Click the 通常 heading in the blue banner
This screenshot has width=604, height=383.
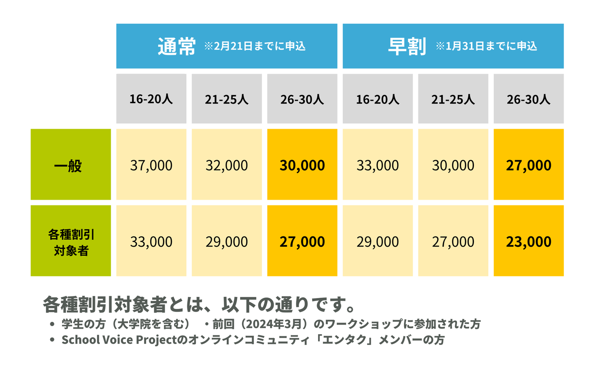pos(176,46)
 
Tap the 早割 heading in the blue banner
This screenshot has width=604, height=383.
pos(407,46)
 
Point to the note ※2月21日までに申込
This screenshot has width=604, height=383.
pos(254,46)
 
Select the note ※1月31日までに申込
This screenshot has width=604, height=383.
pos(486,46)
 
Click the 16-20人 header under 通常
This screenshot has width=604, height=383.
pos(151,99)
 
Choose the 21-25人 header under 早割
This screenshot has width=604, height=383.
pos(453,99)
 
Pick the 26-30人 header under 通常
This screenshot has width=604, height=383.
pos(302,99)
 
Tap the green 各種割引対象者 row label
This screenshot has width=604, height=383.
pos(71,242)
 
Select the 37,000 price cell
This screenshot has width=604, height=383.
pos(151,166)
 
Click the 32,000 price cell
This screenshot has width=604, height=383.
pos(227,166)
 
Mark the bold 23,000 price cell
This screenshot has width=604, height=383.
pos(528,242)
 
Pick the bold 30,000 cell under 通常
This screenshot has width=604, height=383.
pos(302,166)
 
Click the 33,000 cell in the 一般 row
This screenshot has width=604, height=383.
pos(378,166)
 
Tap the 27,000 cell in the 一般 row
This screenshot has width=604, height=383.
pos(528,166)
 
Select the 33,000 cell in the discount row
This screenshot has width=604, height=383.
pos(151,242)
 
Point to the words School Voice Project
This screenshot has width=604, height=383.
pos(119,340)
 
